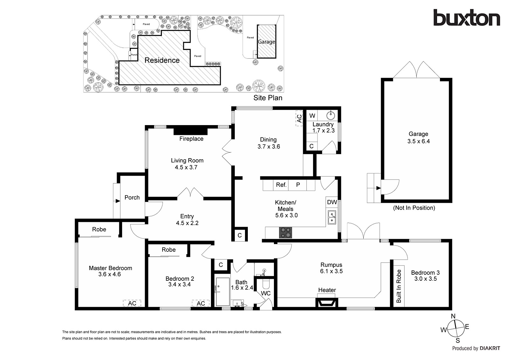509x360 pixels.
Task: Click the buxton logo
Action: (x=466, y=18)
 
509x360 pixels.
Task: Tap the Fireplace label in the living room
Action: (x=191, y=139)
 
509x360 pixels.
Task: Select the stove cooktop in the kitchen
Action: (x=286, y=233)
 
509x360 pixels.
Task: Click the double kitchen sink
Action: (x=332, y=217)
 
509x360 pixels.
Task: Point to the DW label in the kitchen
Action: (x=332, y=202)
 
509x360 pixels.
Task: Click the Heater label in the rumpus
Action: (x=327, y=290)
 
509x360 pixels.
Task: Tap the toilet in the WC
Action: (x=265, y=283)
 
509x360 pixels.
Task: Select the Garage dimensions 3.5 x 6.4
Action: (x=418, y=141)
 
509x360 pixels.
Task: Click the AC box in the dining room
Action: (x=299, y=118)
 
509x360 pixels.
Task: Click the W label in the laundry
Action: (x=312, y=116)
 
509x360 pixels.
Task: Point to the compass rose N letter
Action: (x=453, y=316)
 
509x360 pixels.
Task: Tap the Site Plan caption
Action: (x=268, y=98)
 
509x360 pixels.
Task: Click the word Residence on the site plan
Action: (x=162, y=60)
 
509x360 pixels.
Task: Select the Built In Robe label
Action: (x=399, y=286)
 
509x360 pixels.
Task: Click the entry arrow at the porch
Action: (x=117, y=201)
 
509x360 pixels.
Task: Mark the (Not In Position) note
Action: (x=414, y=208)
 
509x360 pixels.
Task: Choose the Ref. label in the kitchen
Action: (x=281, y=185)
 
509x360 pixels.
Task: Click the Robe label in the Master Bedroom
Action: (x=99, y=229)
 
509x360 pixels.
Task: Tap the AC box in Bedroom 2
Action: (x=201, y=303)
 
